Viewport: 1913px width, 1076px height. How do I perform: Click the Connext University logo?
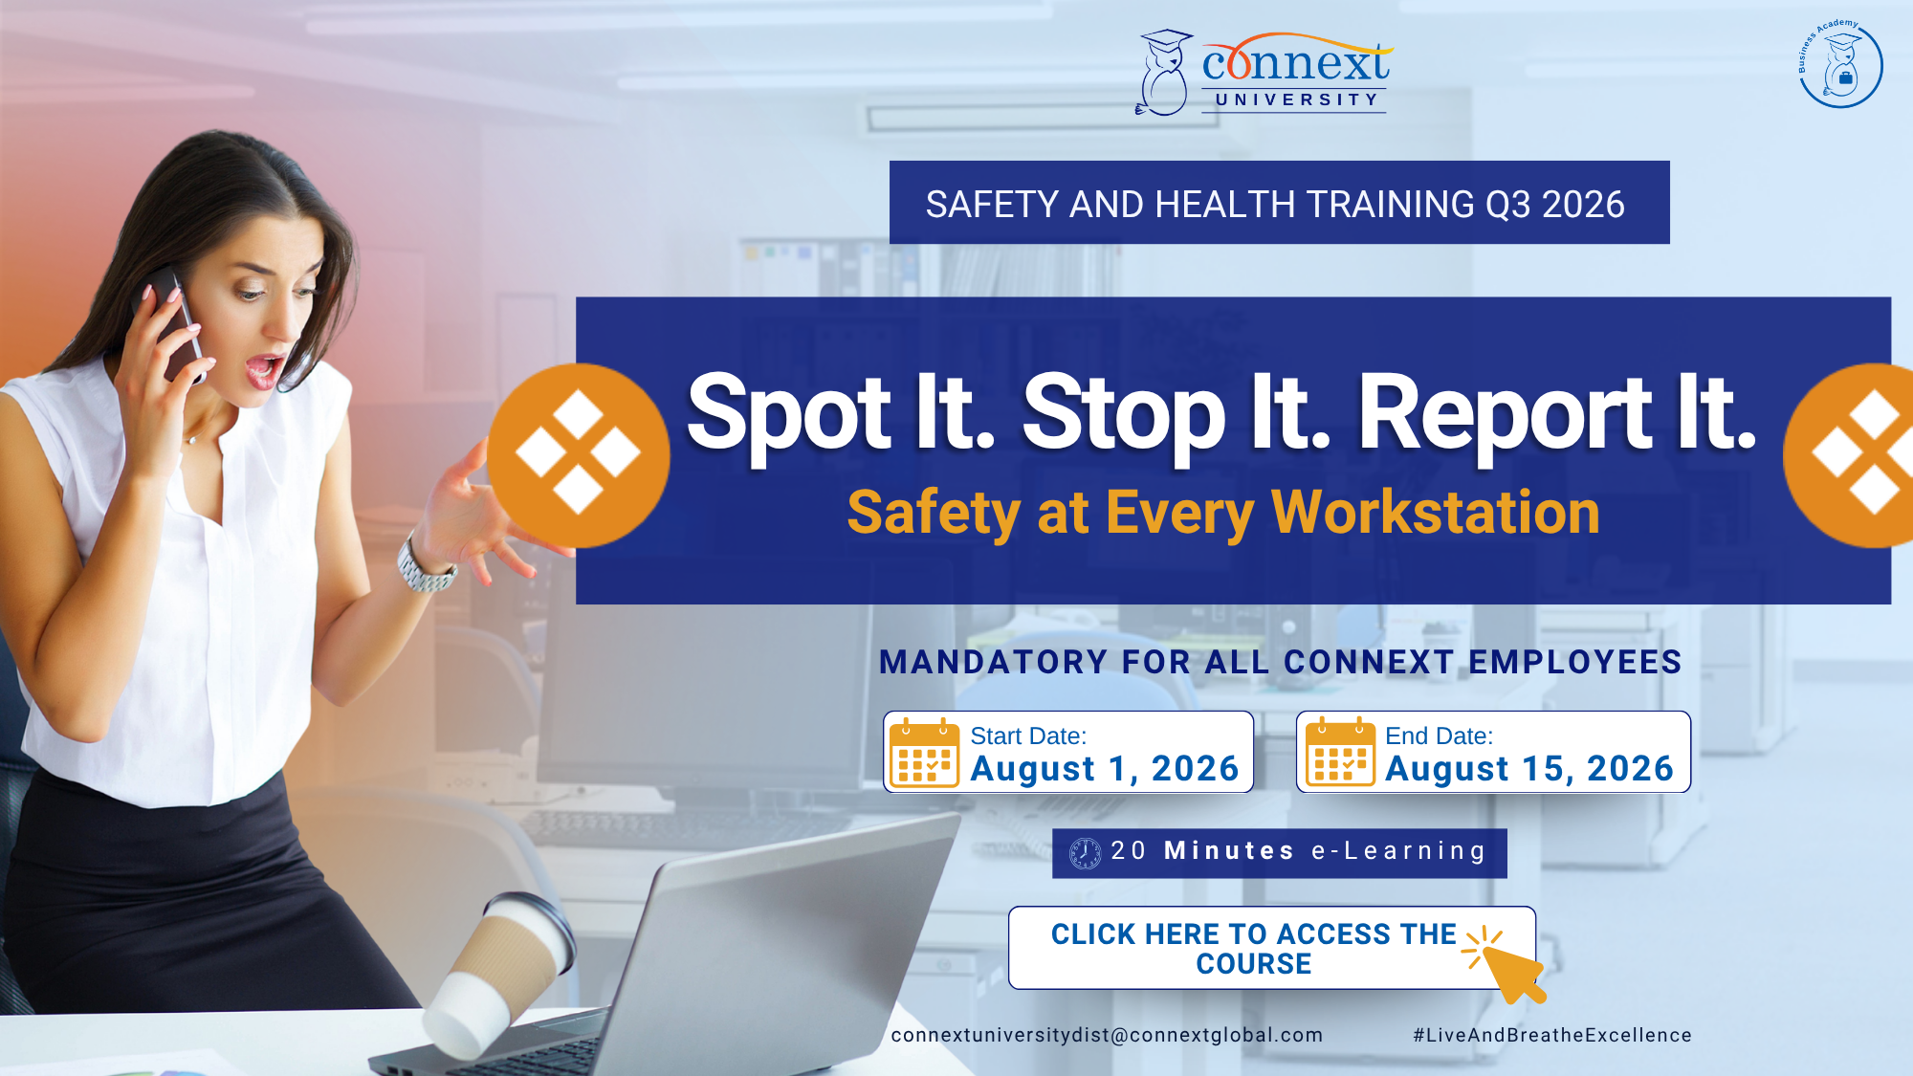coord(1264,73)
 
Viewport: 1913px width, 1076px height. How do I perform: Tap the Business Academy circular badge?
coord(1840,63)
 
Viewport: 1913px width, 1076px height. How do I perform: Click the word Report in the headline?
coord(1505,412)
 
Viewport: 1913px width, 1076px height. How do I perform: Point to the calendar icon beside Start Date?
coord(924,753)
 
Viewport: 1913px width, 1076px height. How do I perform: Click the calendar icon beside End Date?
coord(1340,753)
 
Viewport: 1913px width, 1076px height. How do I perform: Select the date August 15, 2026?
coord(1529,768)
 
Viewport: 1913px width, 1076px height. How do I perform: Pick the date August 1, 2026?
coord(1105,768)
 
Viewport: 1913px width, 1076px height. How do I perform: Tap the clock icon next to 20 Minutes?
coord(1085,853)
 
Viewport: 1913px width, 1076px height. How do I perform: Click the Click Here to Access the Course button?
coord(1272,948)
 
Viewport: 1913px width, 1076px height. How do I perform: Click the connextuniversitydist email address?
coord(1107,1035)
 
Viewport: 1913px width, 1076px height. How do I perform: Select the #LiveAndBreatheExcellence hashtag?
coord(1552,1035)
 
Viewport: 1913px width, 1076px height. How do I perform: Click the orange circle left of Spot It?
coord(579,455)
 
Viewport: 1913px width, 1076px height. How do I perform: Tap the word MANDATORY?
coord(993,662)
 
